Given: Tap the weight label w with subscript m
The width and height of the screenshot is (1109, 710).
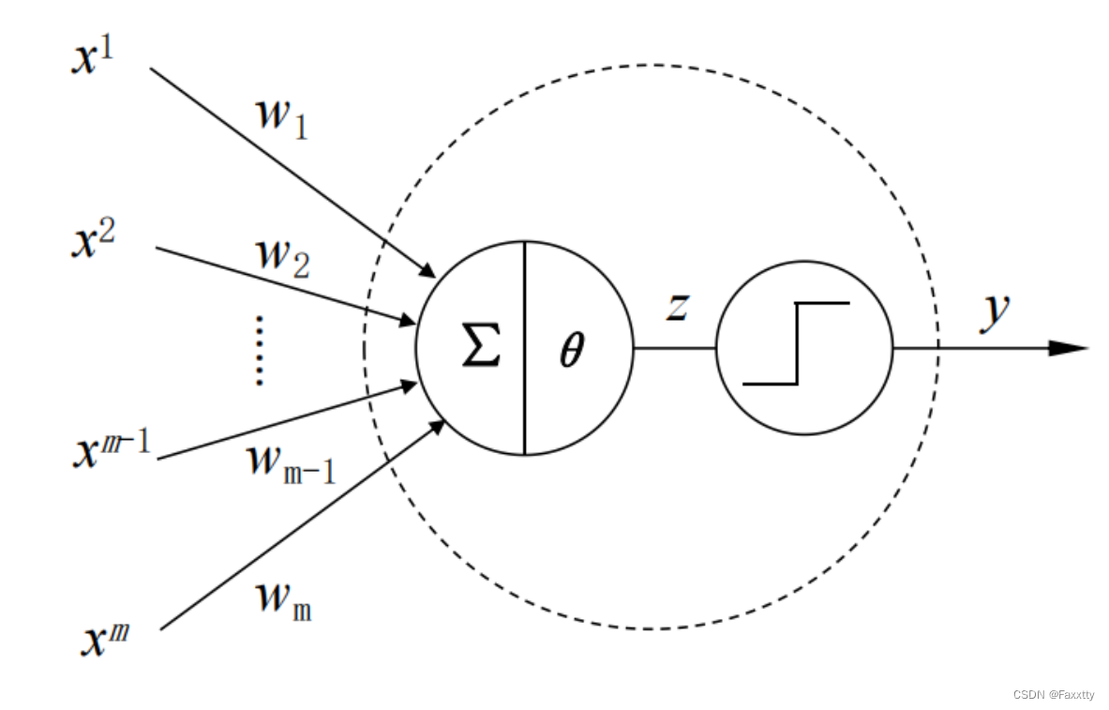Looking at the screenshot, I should pos(284,600).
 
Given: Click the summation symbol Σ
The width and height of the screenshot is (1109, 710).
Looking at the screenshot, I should pos(481,347).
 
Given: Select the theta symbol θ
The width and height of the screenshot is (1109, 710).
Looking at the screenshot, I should pos(571,351).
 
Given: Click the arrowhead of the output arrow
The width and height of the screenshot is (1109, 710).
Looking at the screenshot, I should pos(1069,348).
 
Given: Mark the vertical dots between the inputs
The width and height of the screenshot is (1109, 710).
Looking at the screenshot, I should pos(259,351).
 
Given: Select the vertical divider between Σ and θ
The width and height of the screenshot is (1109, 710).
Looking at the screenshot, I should pos(524,348).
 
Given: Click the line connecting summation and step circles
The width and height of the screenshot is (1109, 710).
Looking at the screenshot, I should pos(674,348).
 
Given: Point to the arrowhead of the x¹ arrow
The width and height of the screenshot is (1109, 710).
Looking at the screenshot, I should pos(427,270).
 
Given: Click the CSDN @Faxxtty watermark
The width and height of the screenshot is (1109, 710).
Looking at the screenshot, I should pos(1054,695).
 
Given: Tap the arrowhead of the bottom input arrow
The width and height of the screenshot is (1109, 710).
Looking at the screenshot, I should pos(438,428).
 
